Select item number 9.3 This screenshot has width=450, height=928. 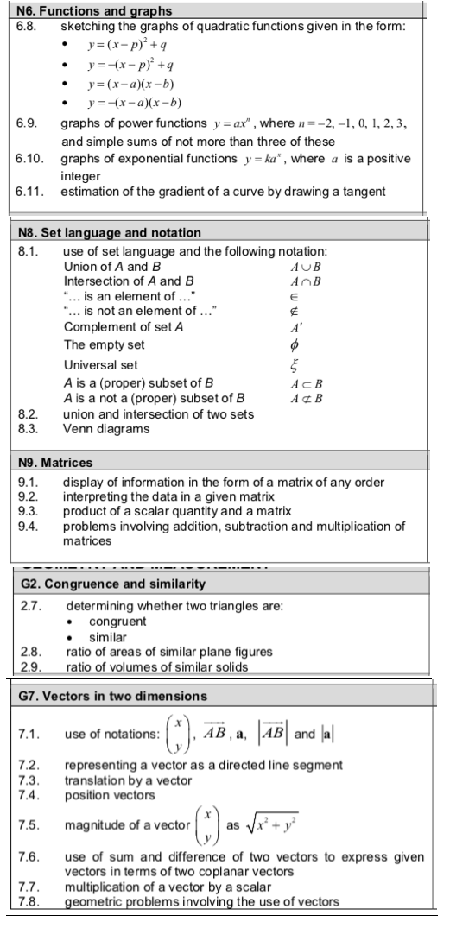(x=27, y=503)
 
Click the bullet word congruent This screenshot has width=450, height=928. (x=117, y=621)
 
